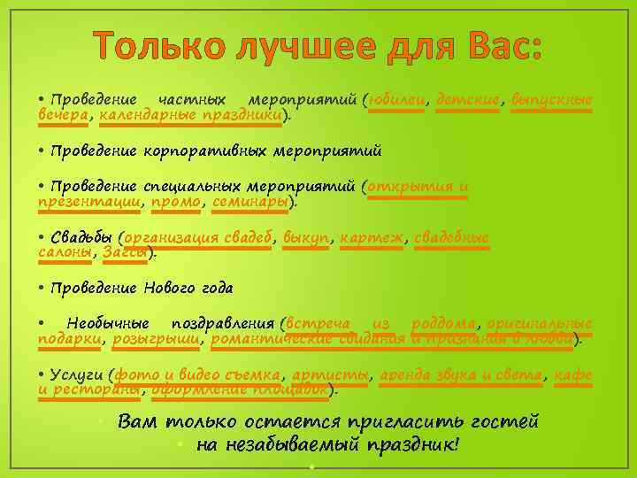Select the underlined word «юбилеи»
click(399, 99)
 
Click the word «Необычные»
click(107, 324)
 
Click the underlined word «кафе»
click(573, 375)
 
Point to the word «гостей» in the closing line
click(499, 421)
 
